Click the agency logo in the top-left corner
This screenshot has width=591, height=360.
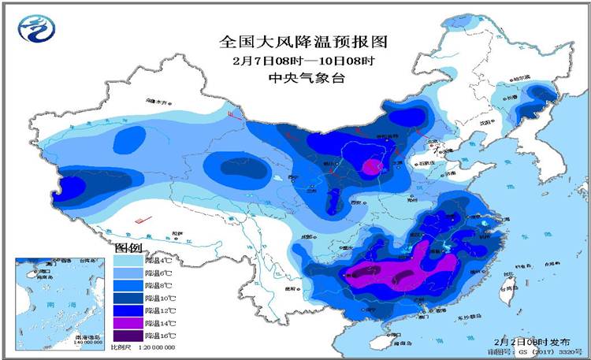click(33, 31)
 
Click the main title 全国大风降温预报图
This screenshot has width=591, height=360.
click(303, 41)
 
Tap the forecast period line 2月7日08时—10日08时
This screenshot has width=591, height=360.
click(303, 61)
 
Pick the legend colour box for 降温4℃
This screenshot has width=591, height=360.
click(126, 258)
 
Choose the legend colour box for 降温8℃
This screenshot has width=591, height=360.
click(126, 284)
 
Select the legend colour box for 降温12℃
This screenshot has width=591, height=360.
click(126, 310)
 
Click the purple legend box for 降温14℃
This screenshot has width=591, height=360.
click(126, 323)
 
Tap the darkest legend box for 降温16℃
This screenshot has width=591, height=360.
click(126, 336)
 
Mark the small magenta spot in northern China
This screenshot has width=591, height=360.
click(370, 166)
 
